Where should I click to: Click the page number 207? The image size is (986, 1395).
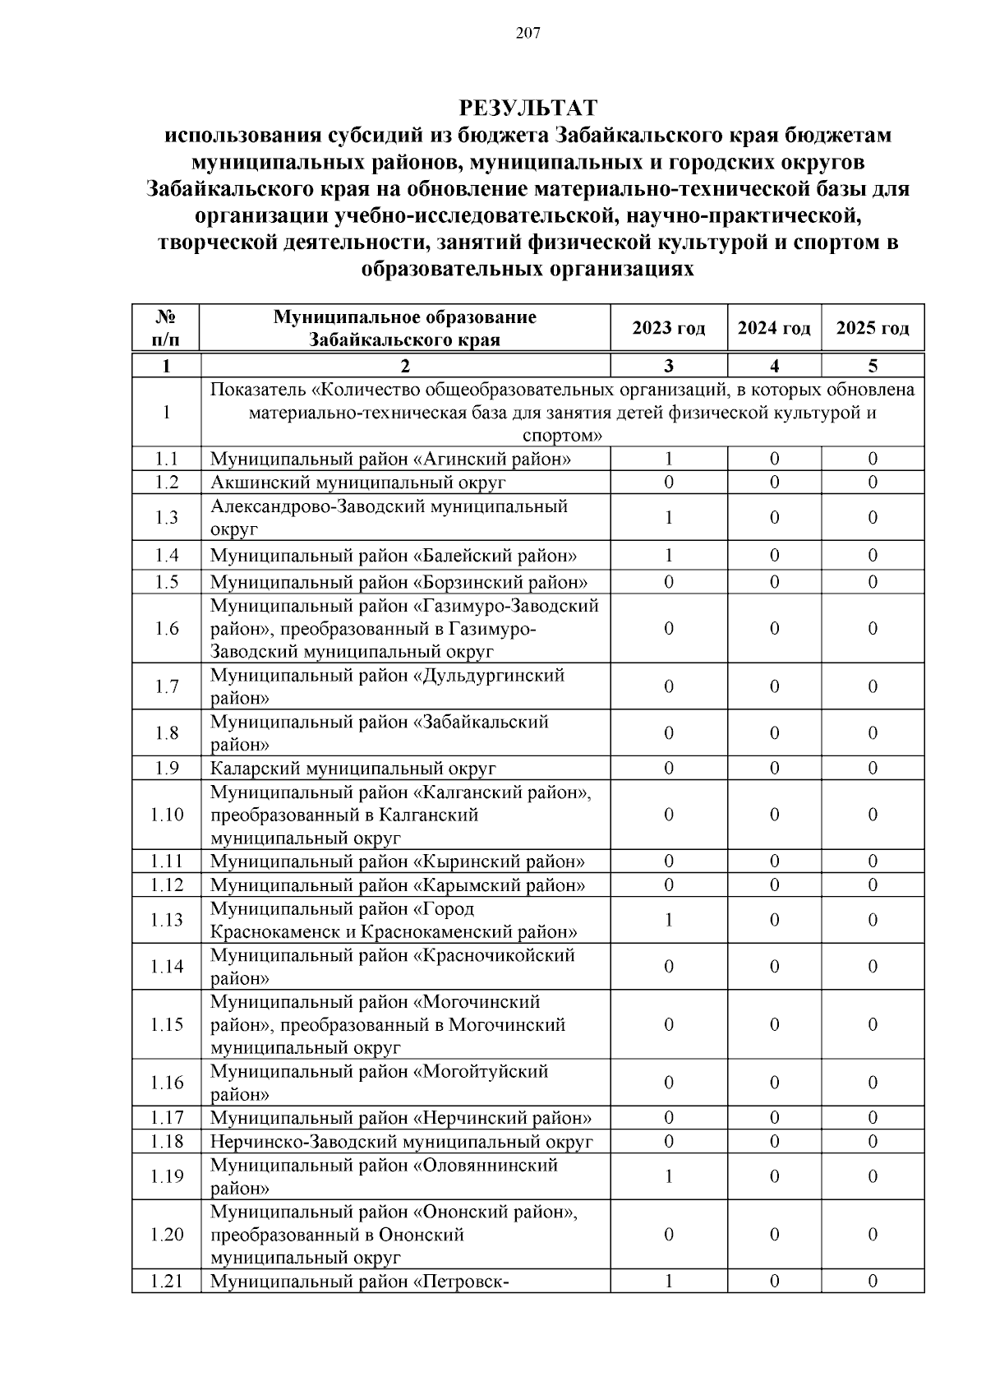528,34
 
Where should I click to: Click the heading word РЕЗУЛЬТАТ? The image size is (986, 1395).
528,108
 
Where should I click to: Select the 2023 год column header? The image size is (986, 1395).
669,328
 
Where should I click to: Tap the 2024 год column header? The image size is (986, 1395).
774,328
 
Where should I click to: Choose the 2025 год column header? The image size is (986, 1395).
873,328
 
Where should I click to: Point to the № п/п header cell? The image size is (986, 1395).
167,328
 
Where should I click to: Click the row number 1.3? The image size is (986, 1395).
167,517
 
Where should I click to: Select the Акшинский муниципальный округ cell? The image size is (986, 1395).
358,483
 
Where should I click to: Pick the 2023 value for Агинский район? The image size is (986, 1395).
669,459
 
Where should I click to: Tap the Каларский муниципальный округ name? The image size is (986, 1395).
353,769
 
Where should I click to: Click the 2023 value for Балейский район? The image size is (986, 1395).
669,556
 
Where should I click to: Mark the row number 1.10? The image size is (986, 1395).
167,815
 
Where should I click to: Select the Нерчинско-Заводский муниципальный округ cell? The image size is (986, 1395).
401,1141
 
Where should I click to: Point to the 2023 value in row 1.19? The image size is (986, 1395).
669,1176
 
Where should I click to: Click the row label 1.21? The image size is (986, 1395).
167,1281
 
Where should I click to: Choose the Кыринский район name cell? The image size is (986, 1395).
398,861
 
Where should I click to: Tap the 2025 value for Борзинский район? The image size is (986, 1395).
873,582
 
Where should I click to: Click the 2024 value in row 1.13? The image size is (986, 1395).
774,920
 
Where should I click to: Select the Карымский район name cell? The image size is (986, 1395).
398,885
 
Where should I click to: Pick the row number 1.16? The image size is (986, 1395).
167,1083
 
